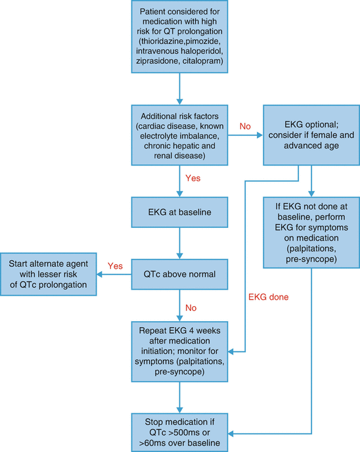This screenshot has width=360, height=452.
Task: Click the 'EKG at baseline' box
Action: (179, 212)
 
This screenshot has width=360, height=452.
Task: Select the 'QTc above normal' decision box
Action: (179, 274)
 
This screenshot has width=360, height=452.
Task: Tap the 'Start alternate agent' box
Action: (49, 274)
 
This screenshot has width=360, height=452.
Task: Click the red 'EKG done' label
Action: (268, 297)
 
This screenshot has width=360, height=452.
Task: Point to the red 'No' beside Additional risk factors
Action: (245, 126)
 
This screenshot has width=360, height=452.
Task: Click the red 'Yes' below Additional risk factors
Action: (193, 178)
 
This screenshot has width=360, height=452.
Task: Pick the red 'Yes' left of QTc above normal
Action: (115, 266)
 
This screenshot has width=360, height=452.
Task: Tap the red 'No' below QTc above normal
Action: (191, 308)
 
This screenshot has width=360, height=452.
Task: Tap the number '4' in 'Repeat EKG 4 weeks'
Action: (191, 330)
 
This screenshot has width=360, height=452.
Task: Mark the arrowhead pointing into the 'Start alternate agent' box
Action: (99, 274)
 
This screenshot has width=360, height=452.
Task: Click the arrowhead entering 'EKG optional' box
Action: (260, 135)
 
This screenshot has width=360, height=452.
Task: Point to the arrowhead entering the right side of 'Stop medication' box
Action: (231, 433)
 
